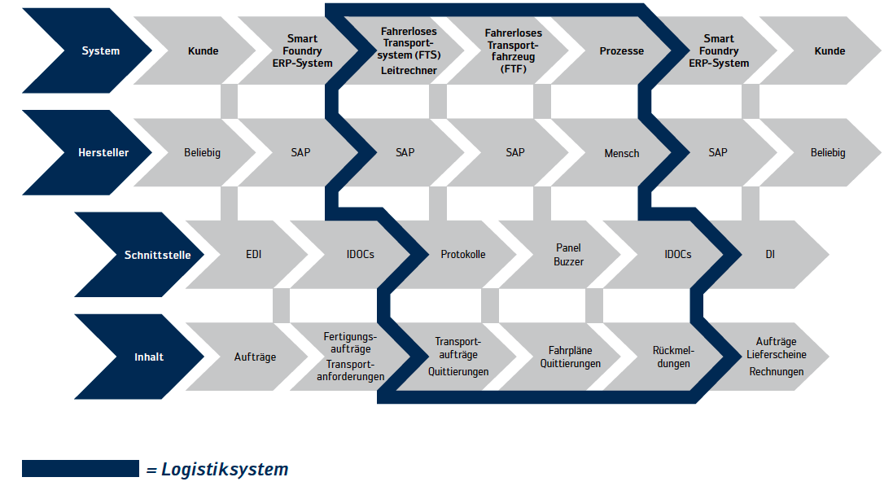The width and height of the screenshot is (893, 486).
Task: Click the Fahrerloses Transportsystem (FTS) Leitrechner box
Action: click(x=409, y=50)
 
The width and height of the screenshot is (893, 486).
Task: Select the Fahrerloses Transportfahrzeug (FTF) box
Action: click(x=513, y=50)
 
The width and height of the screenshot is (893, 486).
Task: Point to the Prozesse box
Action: click(x=621, y=50)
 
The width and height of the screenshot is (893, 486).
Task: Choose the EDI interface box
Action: click(x=253, y=254)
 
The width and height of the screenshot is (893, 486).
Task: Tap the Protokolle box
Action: click(x=462, y=254)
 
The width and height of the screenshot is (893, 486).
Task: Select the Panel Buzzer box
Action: click(x=568, y=254)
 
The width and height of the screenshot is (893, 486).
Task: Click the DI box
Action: click(x=769, y=254)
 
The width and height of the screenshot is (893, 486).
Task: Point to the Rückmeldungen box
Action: click(x=672, y=357)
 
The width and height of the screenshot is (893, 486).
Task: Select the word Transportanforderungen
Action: click(x=352, y=370)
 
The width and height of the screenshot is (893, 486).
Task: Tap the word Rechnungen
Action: click(x=776, y=371)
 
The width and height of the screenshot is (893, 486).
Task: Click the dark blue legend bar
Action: click(x=81, y=468)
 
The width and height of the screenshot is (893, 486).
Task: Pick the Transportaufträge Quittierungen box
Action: click(x=458, y=357)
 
